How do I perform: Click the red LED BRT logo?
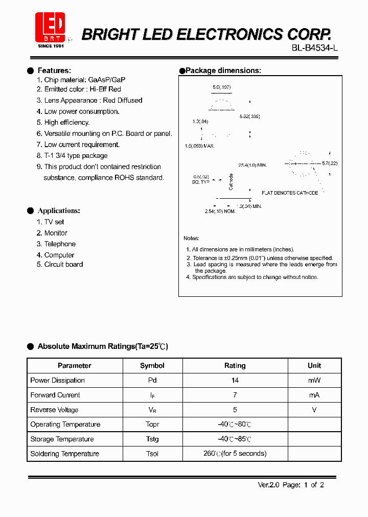pyautogui.click(x=50, y=28)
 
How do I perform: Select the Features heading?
pyautogui.click(x=54, y=70)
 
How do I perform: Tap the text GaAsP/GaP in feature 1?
pyautogui.click(x=107, y=80)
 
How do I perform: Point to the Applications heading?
pyautogui.click(x=59, y=210)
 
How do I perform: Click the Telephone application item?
pyautogui.click(x=60, y=244)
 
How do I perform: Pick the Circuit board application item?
pyautogui.click(x=63, y=265)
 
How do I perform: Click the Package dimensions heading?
pyautogui.click(x=223, y=70)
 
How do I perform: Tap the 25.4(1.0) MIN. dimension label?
pyautogui.click(x=252, y=165)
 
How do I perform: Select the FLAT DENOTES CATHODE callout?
pyautogui.click(x=290, y=193)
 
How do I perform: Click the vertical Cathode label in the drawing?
pyautogui.click(x=231, y=182)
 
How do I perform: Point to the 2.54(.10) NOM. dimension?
pyautogui.click(x=220, y=211)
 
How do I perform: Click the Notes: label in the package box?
pyautogui.click(x=191, y=239)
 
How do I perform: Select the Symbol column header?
pyautogui.click(x=152, y=366)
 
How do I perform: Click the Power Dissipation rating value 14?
pyautogui.click(x=235, y=381)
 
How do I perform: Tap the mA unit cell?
pyautogui.click(x=314, y=395)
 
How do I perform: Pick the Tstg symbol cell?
pyautogui.click(x=152, y=439)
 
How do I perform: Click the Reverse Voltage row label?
pyautogui.click(x=54, y=410)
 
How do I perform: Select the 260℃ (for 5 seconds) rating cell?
pyautogui.click(x=235, y=454)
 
